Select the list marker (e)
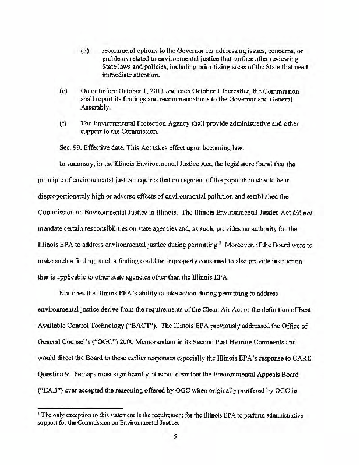tap(63, 91)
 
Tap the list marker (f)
tap(63, 123)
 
